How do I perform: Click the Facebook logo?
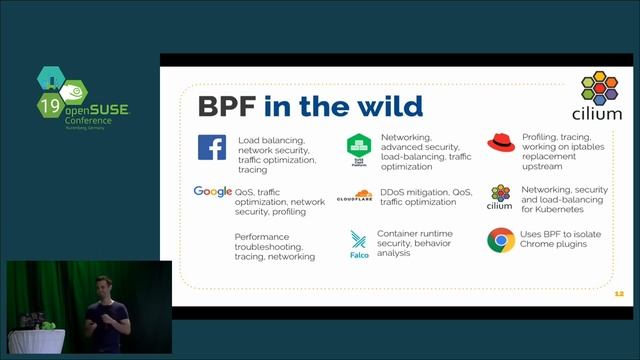211,148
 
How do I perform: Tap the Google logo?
213,191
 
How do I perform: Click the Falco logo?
356,242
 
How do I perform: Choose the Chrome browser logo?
500,240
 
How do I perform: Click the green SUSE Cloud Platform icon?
358,147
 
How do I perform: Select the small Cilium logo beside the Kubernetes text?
500,196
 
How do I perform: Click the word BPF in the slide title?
229,106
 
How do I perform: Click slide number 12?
619,295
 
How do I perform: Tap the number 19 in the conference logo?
49,105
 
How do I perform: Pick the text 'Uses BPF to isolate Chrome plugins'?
561,240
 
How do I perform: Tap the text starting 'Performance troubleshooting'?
275,246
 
